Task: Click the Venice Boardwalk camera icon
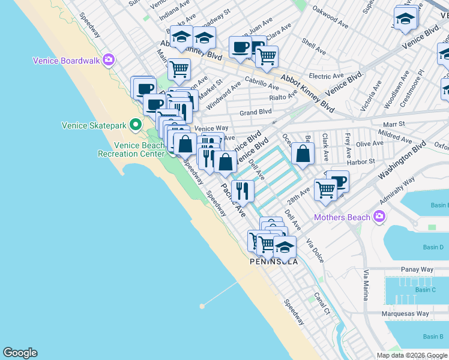109,59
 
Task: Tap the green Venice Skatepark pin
136,125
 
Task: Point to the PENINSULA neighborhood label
274,262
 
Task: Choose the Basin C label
425,290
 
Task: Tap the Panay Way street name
414,270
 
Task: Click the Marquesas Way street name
406,314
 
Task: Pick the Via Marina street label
366,285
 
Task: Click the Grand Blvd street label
256,112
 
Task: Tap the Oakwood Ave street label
330,26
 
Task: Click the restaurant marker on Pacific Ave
243,191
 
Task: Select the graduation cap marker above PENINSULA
285,246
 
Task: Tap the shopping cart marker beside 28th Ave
325,190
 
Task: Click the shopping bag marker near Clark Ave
303,154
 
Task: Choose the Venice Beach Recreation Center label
139,149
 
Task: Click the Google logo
20,353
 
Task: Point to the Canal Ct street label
322,304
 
